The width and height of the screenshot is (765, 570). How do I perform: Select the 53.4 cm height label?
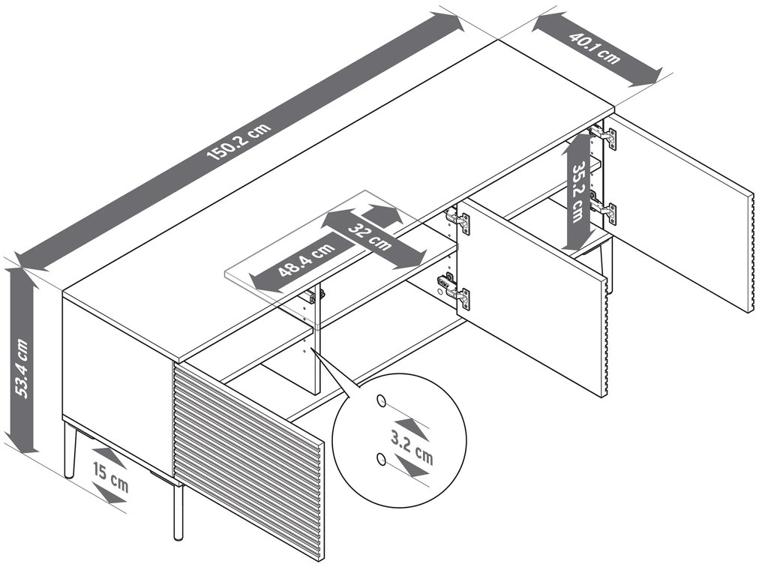(x=22, y=367)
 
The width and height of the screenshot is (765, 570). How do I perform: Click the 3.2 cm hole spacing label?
(x=412, y=448)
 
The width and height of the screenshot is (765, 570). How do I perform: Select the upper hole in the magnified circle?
(x=382, y=402)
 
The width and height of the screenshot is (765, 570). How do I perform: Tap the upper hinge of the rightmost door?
(x=604, y=136)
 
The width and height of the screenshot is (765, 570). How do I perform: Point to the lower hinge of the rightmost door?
(x=604, y=211)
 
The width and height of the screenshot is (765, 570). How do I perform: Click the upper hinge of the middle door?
(x=457, y=220)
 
